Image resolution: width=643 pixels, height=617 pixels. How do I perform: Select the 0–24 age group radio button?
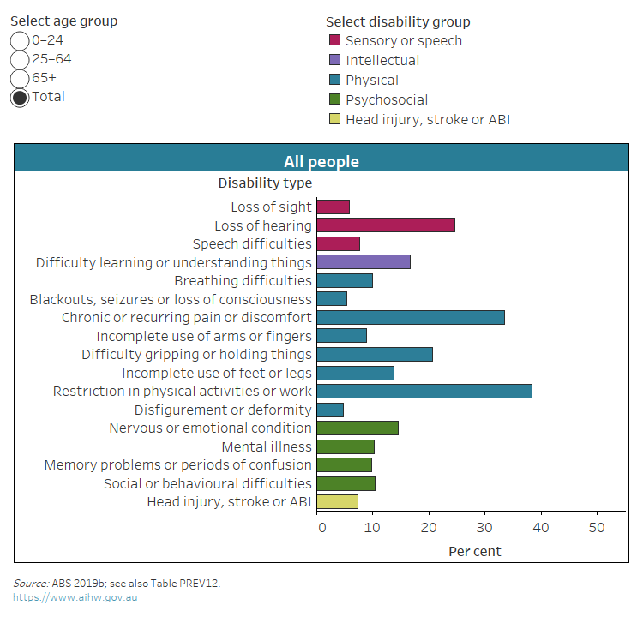pyautogui.click(x=20, y=40)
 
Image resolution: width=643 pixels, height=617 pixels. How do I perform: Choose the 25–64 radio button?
pyautogui.click(x=20, y=59)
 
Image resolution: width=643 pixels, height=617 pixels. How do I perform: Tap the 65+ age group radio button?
pyautogui.click(x=20, y=78)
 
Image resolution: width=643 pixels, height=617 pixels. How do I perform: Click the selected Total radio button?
pyautogui.click(x=20, y=97)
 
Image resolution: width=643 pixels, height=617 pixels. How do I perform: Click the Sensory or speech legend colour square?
pyautogui.click(x=334, y=40)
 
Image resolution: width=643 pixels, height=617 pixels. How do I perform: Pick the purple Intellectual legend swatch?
pyautogui.click(x=334, y=60)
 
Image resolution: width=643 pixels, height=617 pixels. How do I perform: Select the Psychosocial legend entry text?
pyautogui.click(x=386, y=100)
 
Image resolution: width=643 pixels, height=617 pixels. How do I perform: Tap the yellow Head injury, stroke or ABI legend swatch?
pyautogui.click(x=334, y=120)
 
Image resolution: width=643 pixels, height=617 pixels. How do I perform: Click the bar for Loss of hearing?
pyautogui.click(x=386, y=225)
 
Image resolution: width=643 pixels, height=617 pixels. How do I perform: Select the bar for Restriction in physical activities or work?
pyautogui.click(x=424, y=391)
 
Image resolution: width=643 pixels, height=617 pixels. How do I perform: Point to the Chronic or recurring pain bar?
pyautogui.click(x=411, y=317)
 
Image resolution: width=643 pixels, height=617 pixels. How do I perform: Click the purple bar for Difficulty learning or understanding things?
pyautogui.click(x=364, y=262)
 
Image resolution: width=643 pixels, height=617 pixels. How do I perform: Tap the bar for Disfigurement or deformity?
pyautogui.click(x=330, y=410)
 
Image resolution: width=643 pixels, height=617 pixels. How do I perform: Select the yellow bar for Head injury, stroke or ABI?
pyautogui.click(x=338, y=502)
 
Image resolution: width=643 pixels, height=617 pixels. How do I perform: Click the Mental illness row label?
pyautogui.click(x=267, y=446)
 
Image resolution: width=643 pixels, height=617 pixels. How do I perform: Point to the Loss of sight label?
pyautogui.click(x=271, y=207)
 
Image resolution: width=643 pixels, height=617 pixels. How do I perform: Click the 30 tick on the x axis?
pyautogui.click(x=485, y=528)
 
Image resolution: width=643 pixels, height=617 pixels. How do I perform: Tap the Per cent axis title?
pyautogui.click(x=475, y=551)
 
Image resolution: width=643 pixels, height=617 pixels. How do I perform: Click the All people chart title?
pyautogui.click(x=321, y=161)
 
